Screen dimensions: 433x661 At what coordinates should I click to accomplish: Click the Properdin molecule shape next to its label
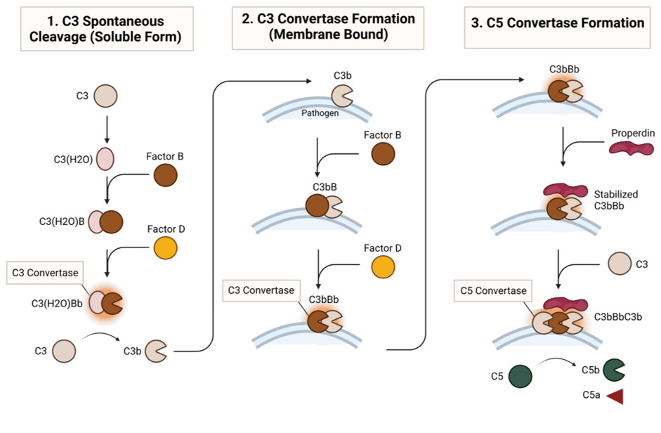(x=631, y=148)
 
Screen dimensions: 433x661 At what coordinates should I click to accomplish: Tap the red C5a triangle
(x=615, y=396)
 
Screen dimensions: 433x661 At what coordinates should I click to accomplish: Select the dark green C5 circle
(x=521, y=376)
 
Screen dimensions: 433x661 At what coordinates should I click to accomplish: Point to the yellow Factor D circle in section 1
(x=166, y=247)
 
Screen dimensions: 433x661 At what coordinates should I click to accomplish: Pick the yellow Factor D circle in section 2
(x=383, y=267)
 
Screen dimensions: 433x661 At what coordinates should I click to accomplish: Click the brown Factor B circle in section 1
(x=166, y=175)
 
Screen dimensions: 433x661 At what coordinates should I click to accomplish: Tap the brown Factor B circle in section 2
(x=383, y=154)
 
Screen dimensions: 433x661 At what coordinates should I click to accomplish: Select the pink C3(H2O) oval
(x=105, y=159)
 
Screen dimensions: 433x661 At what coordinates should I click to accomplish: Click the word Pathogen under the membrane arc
(x=321, y=112)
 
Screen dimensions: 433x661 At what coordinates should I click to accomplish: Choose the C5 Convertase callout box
(x=493, y=290)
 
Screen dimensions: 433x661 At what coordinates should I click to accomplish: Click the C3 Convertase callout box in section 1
(x=44, y=273)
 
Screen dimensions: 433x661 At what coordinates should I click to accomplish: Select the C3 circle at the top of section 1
(x=106, y=96)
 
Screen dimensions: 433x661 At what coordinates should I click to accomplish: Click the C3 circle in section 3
(x=619, y=265)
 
